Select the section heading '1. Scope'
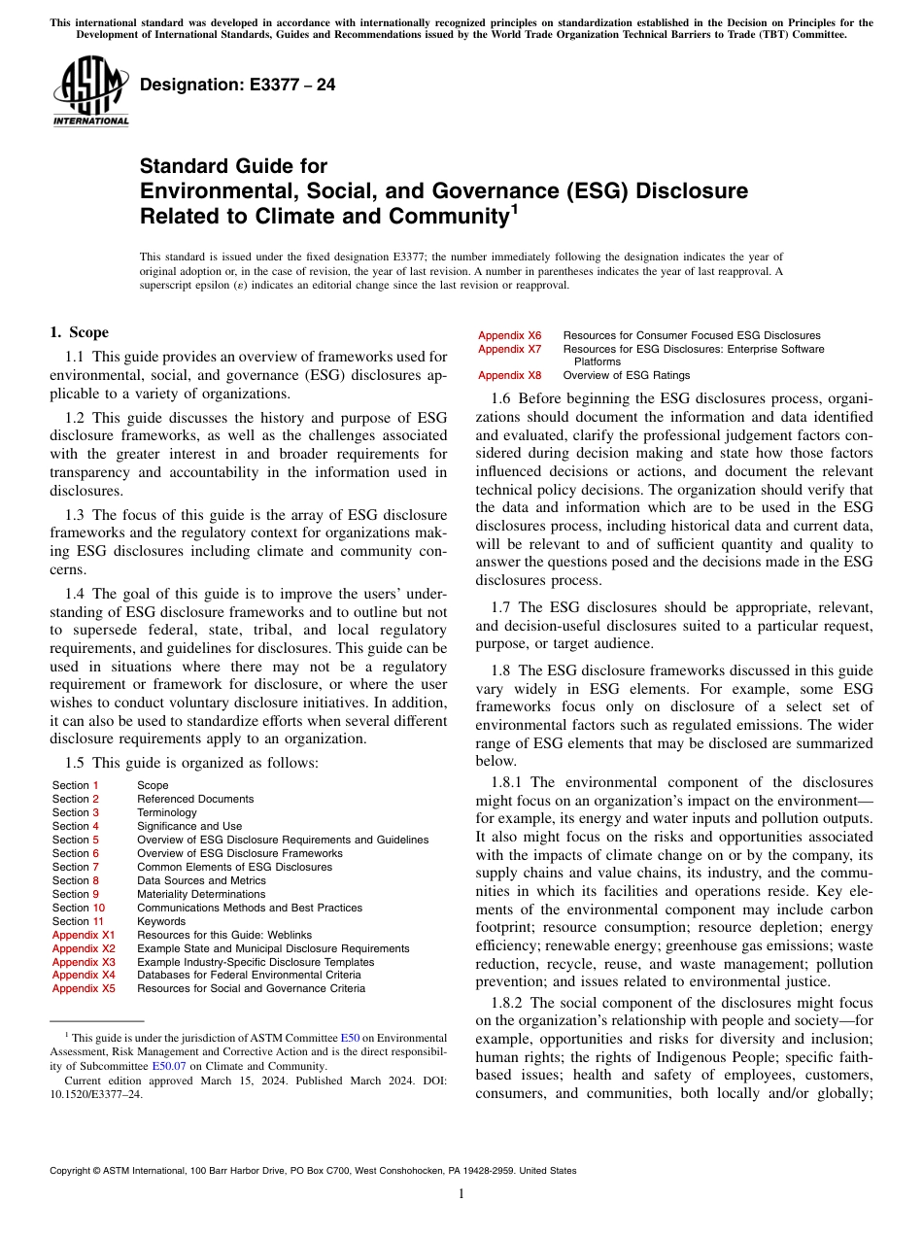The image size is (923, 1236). coord(80,332)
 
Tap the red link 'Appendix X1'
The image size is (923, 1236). coord(84,935)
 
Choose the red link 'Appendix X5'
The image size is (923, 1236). coord(84,989)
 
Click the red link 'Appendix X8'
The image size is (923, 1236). coord(509,375)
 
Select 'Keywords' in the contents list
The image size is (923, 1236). coord(161,921)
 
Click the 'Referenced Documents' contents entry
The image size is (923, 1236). coord(195,799)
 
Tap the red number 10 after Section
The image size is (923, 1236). coord(99,908)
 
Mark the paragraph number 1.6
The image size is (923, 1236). coord(501,398)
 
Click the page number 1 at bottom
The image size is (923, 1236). coord(461,1194)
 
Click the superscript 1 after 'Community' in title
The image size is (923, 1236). coord(515,208)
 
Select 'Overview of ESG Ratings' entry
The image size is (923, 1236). coord(627,375)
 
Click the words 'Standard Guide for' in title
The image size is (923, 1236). coord(233,166)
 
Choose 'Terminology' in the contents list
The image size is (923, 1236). coord(167,812)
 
